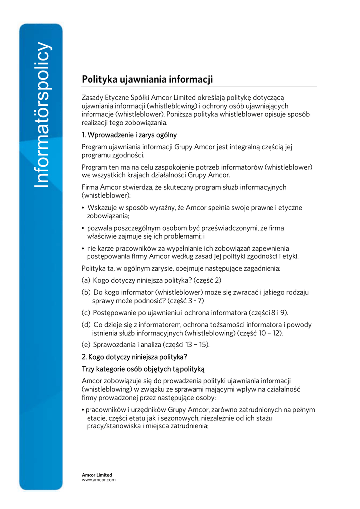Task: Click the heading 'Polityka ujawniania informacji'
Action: coord(147,79)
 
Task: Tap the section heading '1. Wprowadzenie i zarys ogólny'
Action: coord(129,135)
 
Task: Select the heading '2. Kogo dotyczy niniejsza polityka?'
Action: coord(134,356)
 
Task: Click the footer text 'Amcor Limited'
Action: coord(97,475)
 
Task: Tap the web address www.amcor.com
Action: coord(98,480)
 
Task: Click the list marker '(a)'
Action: coord(86,280)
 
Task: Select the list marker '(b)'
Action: coord(86,292)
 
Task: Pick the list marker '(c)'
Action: coord(86,312)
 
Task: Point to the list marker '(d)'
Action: coord(86,325)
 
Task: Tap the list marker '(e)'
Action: coord(86,344)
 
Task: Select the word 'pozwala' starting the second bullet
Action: coord(98,228)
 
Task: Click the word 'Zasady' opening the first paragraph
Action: coord(92,98)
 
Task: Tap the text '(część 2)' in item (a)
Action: coord(207,280)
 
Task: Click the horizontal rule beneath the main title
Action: coord(199,87)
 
